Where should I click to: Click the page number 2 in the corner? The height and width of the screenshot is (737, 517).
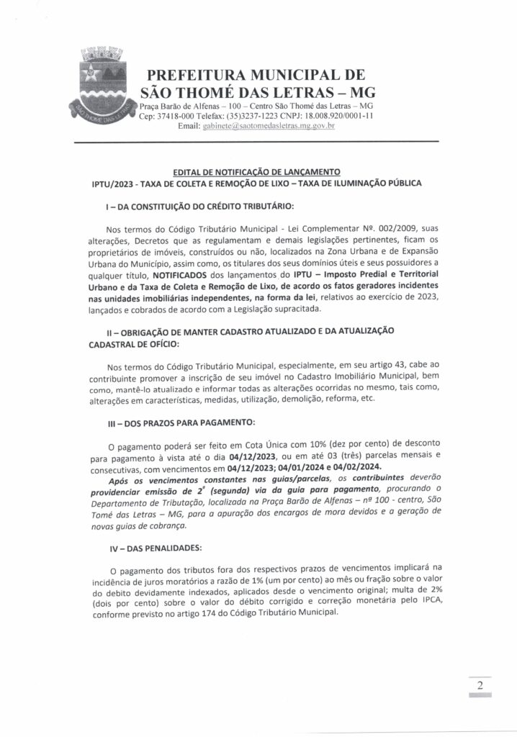coord(480,684)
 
